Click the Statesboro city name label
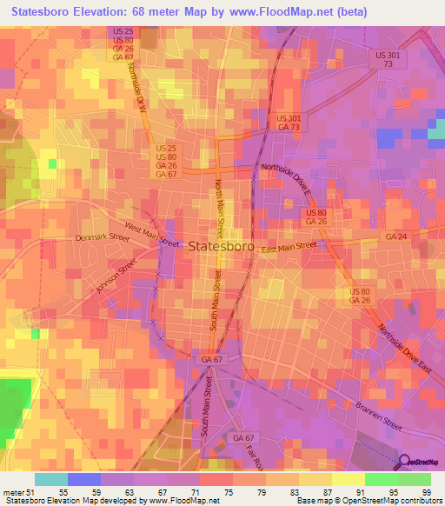221,246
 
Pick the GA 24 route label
396,236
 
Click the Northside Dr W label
136,85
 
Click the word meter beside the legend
14,493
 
